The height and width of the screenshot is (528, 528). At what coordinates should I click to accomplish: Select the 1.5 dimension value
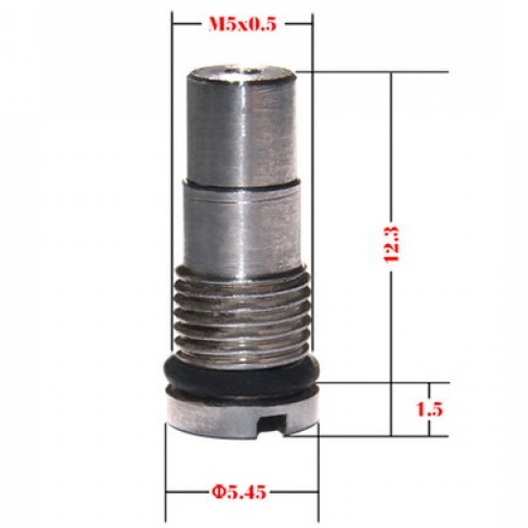pyautogui.click(x=431, y=408)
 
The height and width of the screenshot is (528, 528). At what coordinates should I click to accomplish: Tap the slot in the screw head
pyautogui.click(x=279, y=420)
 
